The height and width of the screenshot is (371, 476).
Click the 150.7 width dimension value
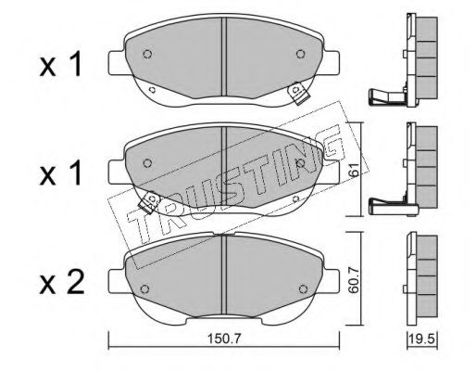223,339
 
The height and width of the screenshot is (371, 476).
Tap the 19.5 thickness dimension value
422,339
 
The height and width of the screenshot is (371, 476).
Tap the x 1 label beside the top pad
60,64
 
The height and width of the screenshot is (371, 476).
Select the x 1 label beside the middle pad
60,173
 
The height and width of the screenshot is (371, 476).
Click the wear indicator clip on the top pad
298,93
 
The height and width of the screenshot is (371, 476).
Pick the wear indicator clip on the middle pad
149,202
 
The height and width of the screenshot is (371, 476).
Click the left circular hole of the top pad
147,54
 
